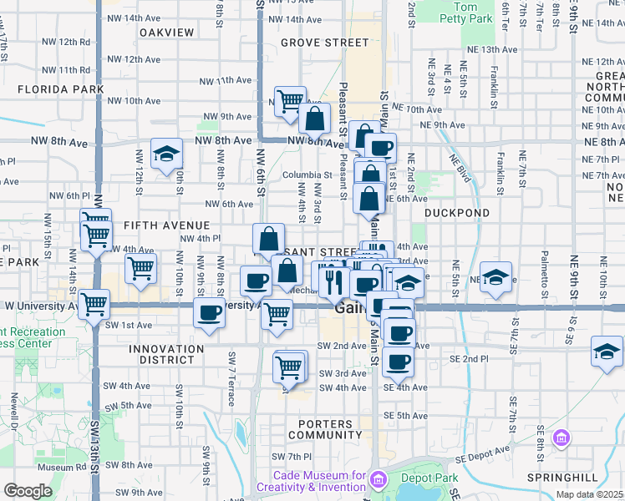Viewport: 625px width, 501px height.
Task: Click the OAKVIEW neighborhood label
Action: (x=167, y=33)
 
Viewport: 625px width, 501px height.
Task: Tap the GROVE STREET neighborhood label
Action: (x=312, y=42)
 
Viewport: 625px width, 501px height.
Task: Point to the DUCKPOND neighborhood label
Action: (x=456, y=213)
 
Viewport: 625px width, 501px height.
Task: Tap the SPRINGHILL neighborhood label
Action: (x=562, y=478)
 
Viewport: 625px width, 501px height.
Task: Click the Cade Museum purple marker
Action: (x=379, y=480)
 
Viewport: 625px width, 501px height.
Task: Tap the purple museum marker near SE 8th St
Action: (x=561, y=438)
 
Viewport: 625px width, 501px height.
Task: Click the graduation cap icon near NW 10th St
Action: (x=166, y=152)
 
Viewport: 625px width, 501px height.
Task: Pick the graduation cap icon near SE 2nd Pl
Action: (x=606, y=351)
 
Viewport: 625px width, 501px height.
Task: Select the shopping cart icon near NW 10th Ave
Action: (x=290, y=101)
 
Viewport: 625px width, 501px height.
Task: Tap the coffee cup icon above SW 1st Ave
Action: (x=209, y=313)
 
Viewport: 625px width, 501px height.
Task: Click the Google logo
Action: (x=28, y=491)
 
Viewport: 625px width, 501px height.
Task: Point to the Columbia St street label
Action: (x=301, y=175)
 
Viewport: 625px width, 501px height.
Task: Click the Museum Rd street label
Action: (x=55, y=468)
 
